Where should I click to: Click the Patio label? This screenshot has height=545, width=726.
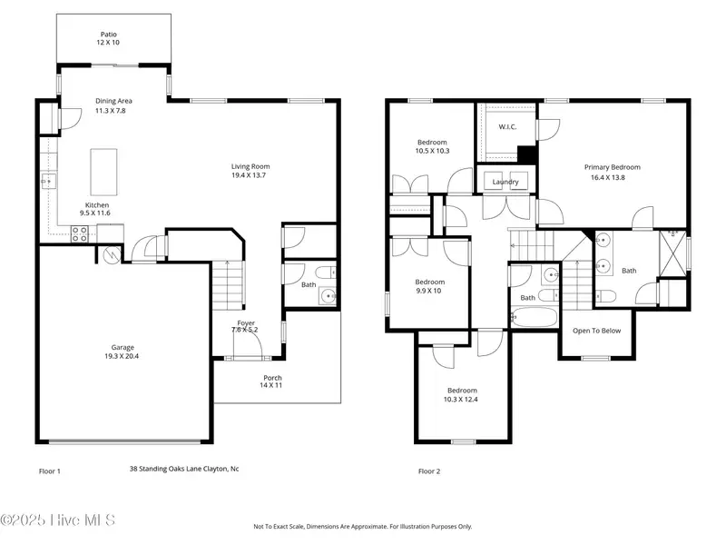pyautogui.click(x=109, y=35)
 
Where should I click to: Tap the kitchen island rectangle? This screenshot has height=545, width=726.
pyautogui.click(x=103, y=172)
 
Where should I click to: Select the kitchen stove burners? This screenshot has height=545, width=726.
pyautogui.click(x=79, y=234)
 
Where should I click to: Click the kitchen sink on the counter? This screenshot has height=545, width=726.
pyautogui.click(x=49, y=181)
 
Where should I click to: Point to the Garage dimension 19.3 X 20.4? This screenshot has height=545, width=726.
pyautogui.click(x=122, y=356)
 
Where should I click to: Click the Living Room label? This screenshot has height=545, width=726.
pyautogui.click(x=250, y=166)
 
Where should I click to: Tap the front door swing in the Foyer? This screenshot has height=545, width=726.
pyautogui.click(x=248, y=342)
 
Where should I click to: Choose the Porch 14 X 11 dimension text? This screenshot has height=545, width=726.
pyautogui.click(x=270, y=385)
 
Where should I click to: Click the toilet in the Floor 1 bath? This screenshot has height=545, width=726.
pyautogui.click(x=326, y=272)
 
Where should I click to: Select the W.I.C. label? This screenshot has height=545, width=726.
pyautogui.click(x=507, y=127)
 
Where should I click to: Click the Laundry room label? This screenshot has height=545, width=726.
pyautogui.click(x=505, y=182)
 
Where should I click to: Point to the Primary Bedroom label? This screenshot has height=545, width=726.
pyautogui.click(x=612, y=167)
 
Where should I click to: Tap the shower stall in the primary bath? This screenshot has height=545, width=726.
pyautogui.click(x=672, y=253)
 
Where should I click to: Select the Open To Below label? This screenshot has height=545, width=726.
pyautogui.click(x=596, y=331)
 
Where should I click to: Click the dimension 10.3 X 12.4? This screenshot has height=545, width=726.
pyautogui.click(x=461, y=400)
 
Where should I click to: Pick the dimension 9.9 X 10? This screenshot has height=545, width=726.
pyautogui.click(x=428, y=291)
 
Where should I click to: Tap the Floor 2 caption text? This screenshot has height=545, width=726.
pyautogui.click(x=429, y=471)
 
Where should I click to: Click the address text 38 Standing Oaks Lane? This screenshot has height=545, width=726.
pyautogui.click(x=164, y=469)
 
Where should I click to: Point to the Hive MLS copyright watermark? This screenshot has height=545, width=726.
pyautogui.click(x=57, y=520)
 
